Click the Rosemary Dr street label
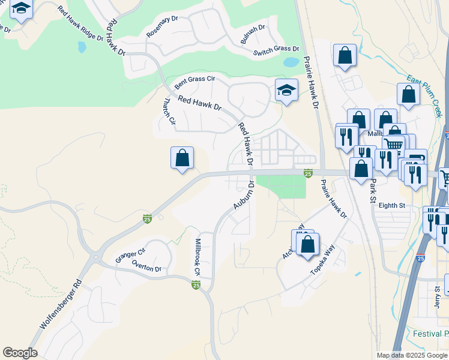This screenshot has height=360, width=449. pyautogui.click(x=163, y=27)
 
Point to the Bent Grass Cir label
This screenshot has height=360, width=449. pyautogui.click(x=194, y=79)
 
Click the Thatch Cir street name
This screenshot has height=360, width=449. pyautogui.click(x=169, y=112)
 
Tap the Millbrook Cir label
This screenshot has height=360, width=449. pyautogui.click(x=196, y=258)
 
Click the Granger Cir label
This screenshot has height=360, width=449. pyautogui.click(x=131, y=254)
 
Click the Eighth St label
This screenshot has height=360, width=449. pyautogui.click(x=393, y=205)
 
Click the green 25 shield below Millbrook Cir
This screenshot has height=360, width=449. pyautogui.click(x=196, y=285)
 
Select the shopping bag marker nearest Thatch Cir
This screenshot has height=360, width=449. pyautogui.click(x=182, y=158)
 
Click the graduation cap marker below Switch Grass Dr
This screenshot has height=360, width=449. pyautogui.click(x=286, y=91)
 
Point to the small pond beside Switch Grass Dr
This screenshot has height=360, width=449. pyautogui.click(x=291, y=62)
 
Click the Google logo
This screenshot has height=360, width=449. pyautogui.click(x=20, y=353)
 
